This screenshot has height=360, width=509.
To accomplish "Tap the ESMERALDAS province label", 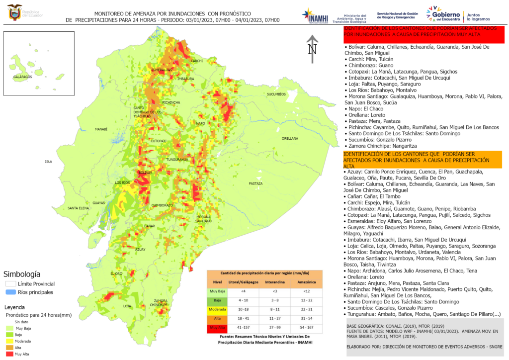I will point(162,70).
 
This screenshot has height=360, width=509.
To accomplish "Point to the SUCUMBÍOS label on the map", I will point(276,94).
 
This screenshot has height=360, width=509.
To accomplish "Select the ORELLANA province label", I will point(290,138).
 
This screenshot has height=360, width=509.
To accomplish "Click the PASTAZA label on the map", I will point(255,183).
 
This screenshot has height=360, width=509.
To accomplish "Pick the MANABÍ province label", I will point(101,129).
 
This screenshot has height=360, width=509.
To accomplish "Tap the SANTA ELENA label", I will point(78,208).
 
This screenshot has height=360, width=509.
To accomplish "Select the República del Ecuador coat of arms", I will point(14,12).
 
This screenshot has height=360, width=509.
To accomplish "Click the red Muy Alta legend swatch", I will point(9,354).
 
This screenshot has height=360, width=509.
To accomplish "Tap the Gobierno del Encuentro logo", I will point(442,15).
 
